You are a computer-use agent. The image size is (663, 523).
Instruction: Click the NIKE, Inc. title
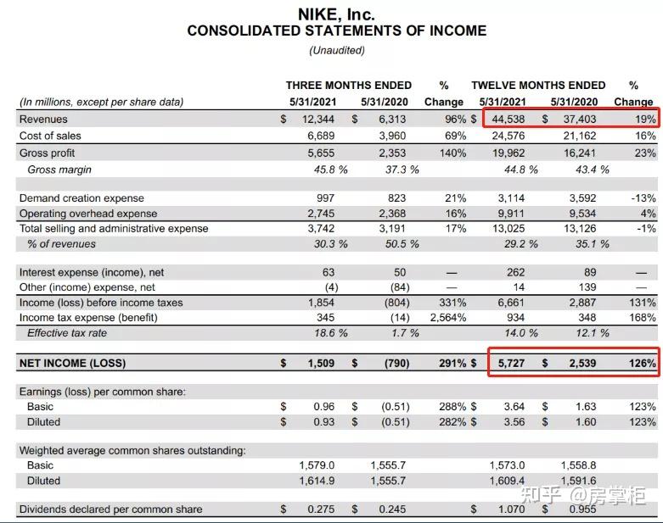(336, 14)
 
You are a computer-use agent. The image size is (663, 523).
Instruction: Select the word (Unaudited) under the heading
(336, 50)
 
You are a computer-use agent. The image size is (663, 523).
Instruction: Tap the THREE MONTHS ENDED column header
(348, 85)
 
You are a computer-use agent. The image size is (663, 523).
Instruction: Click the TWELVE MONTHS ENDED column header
(538, 85)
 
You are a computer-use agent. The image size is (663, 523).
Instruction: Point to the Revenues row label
(43, 120)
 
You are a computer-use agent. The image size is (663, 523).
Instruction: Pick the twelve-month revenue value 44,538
(509, 120)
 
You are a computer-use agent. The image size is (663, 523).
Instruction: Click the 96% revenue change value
(455, 120)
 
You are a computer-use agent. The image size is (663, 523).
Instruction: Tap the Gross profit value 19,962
(508, 153)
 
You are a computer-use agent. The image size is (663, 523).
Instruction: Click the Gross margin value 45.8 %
(330, 170)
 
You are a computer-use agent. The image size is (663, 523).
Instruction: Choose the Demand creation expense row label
(81, 198)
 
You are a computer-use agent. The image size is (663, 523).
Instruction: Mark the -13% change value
(643, 198)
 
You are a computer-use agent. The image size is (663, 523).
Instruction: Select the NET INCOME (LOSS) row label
(72, 364)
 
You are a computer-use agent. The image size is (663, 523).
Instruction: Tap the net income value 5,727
(510, 364)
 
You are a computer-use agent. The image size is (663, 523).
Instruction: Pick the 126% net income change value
(643, 364)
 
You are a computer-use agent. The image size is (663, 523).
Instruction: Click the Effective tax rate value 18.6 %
(330, 333)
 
